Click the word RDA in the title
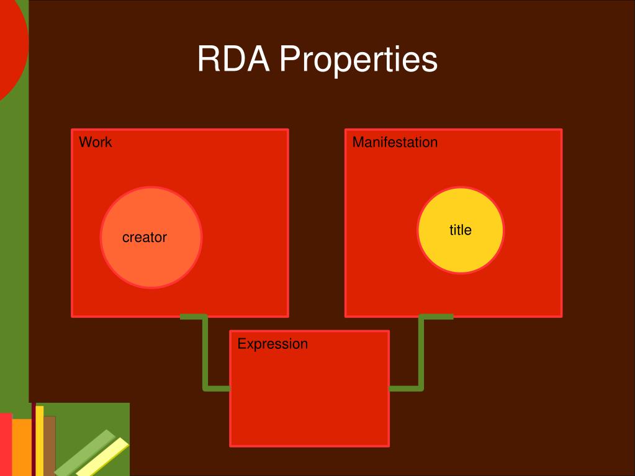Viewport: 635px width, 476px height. [x=233, y=60]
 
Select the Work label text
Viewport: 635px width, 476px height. [x=96, y=142]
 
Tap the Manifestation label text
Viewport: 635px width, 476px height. [x=395, y=142]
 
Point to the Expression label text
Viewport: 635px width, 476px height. [x=272, y=344]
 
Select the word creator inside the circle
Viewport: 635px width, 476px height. [x=145, y=237]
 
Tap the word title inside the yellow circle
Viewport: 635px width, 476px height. [x=461, y=230]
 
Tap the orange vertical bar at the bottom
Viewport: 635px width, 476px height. [x=22, y=447]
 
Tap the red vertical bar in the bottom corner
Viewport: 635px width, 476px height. [x=6, y=444]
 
